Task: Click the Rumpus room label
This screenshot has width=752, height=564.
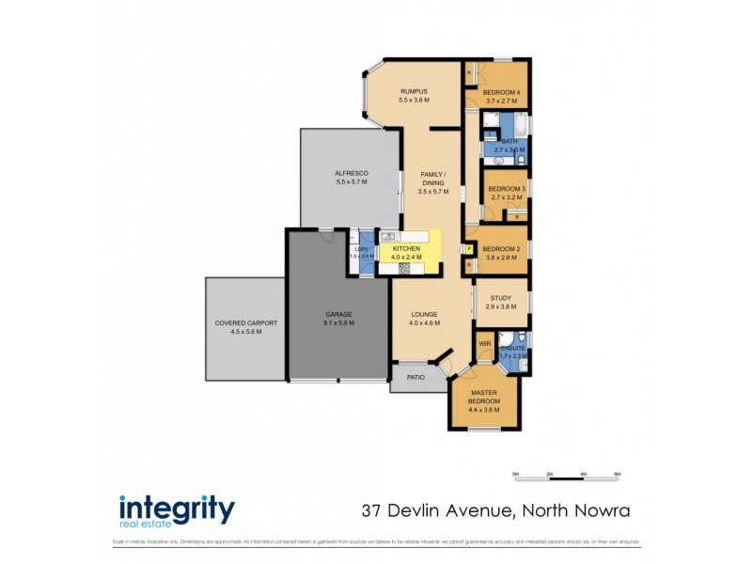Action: (x=414, y=91)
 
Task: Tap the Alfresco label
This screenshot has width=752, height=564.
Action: (x=352, y=174)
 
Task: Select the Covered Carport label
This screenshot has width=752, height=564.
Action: (x=245, y=323)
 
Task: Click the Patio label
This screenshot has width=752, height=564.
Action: (x=415, y=378)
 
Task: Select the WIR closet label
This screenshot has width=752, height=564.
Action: (x=485, y=344)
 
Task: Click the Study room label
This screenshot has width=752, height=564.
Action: (x=501, y=298)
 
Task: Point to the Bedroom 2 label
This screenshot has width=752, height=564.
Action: (x=501, y=248)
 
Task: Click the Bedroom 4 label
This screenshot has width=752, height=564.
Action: (x=501, y=92)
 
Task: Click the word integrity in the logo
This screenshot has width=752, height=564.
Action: (x=177, y=508)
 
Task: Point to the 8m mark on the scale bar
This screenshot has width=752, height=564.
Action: (x=617, y=474)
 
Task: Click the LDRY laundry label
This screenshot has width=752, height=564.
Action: (x=361, y=248)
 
